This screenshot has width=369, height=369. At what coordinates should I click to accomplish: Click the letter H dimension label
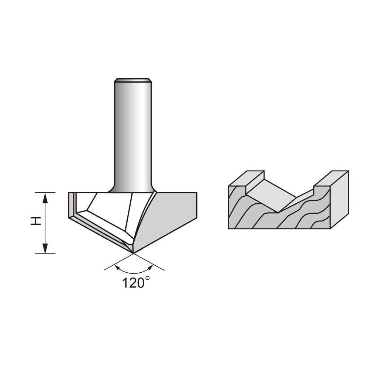coord(35,221)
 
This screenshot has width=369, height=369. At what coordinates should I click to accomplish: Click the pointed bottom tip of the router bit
coord(133,253)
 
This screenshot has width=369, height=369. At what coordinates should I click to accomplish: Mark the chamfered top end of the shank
coord(133,80)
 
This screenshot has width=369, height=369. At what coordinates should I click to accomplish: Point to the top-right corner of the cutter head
coord(196,193)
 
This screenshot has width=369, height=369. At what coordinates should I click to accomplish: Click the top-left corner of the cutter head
coord(69,193)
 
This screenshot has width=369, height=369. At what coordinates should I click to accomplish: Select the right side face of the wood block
coord(339,199)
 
